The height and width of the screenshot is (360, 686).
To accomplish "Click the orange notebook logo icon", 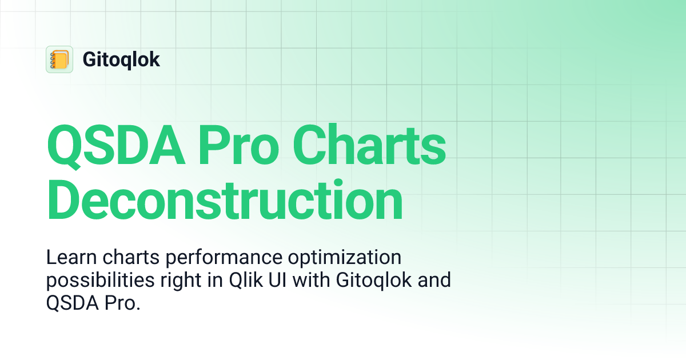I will (x=59, y=59).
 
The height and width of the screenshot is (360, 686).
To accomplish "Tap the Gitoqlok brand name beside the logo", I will (x=121, y=60).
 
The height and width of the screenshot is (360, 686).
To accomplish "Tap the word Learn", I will (x=68, y=258).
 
